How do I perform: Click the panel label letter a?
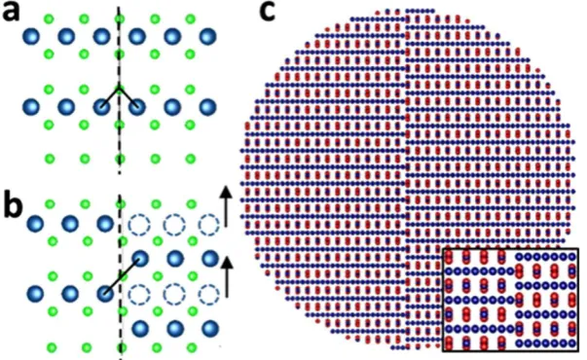(11, 14)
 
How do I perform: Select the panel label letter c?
(267, 12)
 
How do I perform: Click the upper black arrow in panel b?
(226, 205)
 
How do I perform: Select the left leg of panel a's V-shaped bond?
(110, 97)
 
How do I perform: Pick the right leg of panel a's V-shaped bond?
(128, 97)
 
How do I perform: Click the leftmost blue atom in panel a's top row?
(31, 37)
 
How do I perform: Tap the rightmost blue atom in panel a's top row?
(207, 37)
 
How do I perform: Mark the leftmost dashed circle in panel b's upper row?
(139, 226)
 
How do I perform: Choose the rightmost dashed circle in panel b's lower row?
(209, 295)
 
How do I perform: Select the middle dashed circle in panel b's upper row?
(174, 226)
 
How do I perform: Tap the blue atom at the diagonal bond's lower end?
(104, 294)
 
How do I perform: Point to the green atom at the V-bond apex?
(119, 90)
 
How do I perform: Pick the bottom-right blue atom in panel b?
(209, 329)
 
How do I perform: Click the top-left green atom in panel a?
(49, 18)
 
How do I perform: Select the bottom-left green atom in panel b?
(52, 347)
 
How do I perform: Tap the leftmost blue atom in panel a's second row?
(31, 107)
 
